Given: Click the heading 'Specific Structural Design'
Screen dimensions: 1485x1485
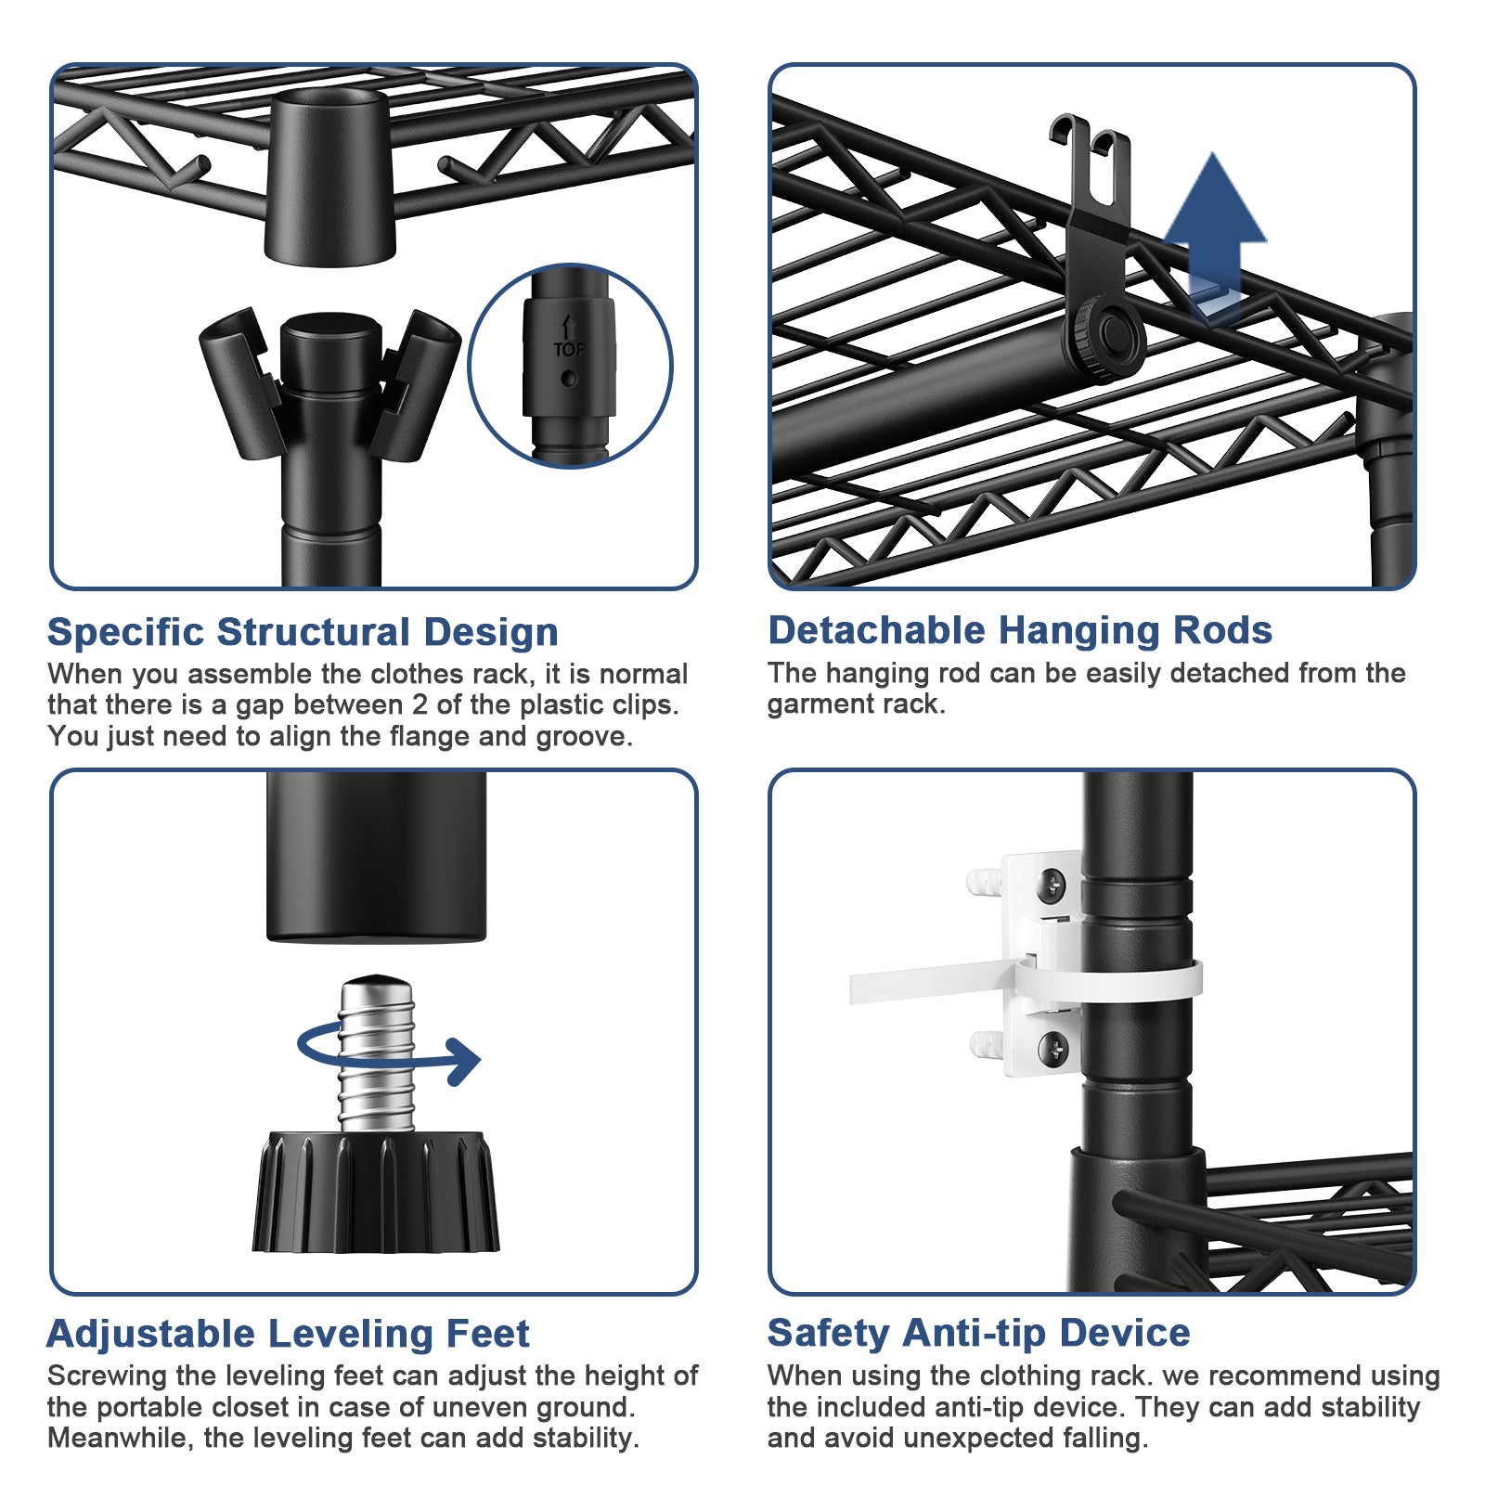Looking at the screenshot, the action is tap(303, 632).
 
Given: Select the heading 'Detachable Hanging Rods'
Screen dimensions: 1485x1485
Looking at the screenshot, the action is tap(1019, 630).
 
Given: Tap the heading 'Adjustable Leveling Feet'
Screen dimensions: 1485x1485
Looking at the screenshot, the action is tap(288, 1334).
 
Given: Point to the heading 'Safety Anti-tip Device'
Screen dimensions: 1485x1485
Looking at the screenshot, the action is tap(978, 1333).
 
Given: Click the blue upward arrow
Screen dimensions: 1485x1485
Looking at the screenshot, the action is tap(1214, 232).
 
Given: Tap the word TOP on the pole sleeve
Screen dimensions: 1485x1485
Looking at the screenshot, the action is tap(569, 349).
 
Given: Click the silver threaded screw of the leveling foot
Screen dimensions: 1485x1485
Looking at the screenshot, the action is tap(376, 1053).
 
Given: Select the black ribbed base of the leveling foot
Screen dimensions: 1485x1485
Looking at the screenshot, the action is tap(376, 1192).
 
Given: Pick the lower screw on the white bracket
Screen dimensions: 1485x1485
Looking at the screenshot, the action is tap(1052, 1048).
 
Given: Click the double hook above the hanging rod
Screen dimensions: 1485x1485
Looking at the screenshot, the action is tap(1091, 167).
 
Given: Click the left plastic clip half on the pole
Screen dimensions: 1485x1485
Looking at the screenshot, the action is tap(239, 381).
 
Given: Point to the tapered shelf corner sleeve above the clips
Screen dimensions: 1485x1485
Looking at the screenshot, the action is tap(329, 176).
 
